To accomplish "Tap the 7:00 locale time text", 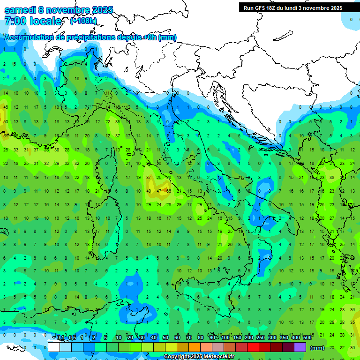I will (x=33, y=21).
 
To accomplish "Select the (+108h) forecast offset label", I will (x=83, y=21).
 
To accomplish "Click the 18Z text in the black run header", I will (x=272, y=8).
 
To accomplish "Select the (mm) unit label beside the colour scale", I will (x=317, y=348).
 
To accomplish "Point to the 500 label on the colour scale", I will (x=307, y=338).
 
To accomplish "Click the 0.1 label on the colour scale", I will (x=60, y=338).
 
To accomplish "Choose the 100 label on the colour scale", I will (x=225, y=338).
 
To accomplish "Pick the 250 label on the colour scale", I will (x=261, y=338).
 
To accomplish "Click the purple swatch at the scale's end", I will (x=300, y=347).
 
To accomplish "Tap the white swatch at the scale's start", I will (x=54, y=347).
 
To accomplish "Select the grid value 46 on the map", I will (x=6, y=107).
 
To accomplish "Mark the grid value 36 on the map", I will (x=352, y=309).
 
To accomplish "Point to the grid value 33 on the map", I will (x=16, y=150).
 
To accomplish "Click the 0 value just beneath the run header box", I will (x=352, y=19).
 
